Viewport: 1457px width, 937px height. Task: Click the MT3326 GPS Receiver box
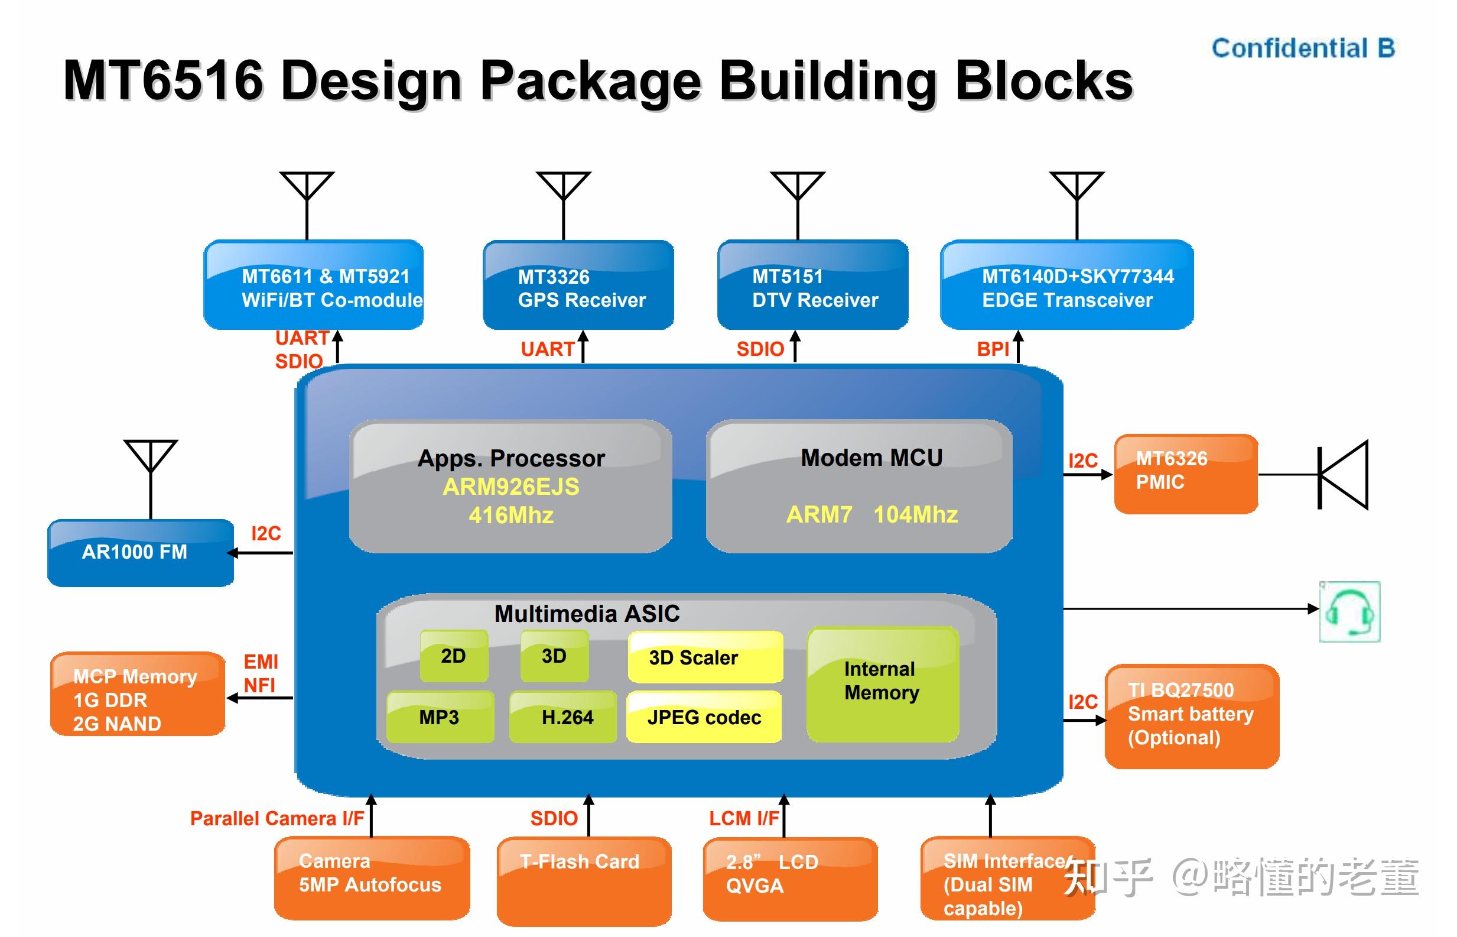tap(578, 285)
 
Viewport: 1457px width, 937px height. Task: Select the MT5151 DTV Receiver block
tap(812, 285)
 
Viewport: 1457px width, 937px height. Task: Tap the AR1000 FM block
tap(141, 553)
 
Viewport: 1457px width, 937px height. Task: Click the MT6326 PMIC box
tap(1186, 474)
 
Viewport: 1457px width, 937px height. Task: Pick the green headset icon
tap(1349, 611)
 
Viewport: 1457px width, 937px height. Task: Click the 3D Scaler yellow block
tap(705, 657)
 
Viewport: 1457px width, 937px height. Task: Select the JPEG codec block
tap(704, 716)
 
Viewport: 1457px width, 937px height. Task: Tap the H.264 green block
tap(563, 716)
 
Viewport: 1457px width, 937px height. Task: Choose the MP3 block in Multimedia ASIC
tap(440, 716)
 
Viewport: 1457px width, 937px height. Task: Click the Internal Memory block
tap(883, 685)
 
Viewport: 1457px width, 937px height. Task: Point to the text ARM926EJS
tap(511, 487)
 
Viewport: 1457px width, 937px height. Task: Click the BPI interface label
tap(993, 349)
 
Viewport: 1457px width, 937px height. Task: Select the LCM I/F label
tap(744, 818)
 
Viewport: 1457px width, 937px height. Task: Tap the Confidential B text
tap(1303, 48)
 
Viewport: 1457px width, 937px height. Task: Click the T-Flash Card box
tap(584, 881)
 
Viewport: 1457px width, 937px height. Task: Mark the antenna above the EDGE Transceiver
tap(1077, 206)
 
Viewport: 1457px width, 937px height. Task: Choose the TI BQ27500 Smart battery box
tap(1192, 716)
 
